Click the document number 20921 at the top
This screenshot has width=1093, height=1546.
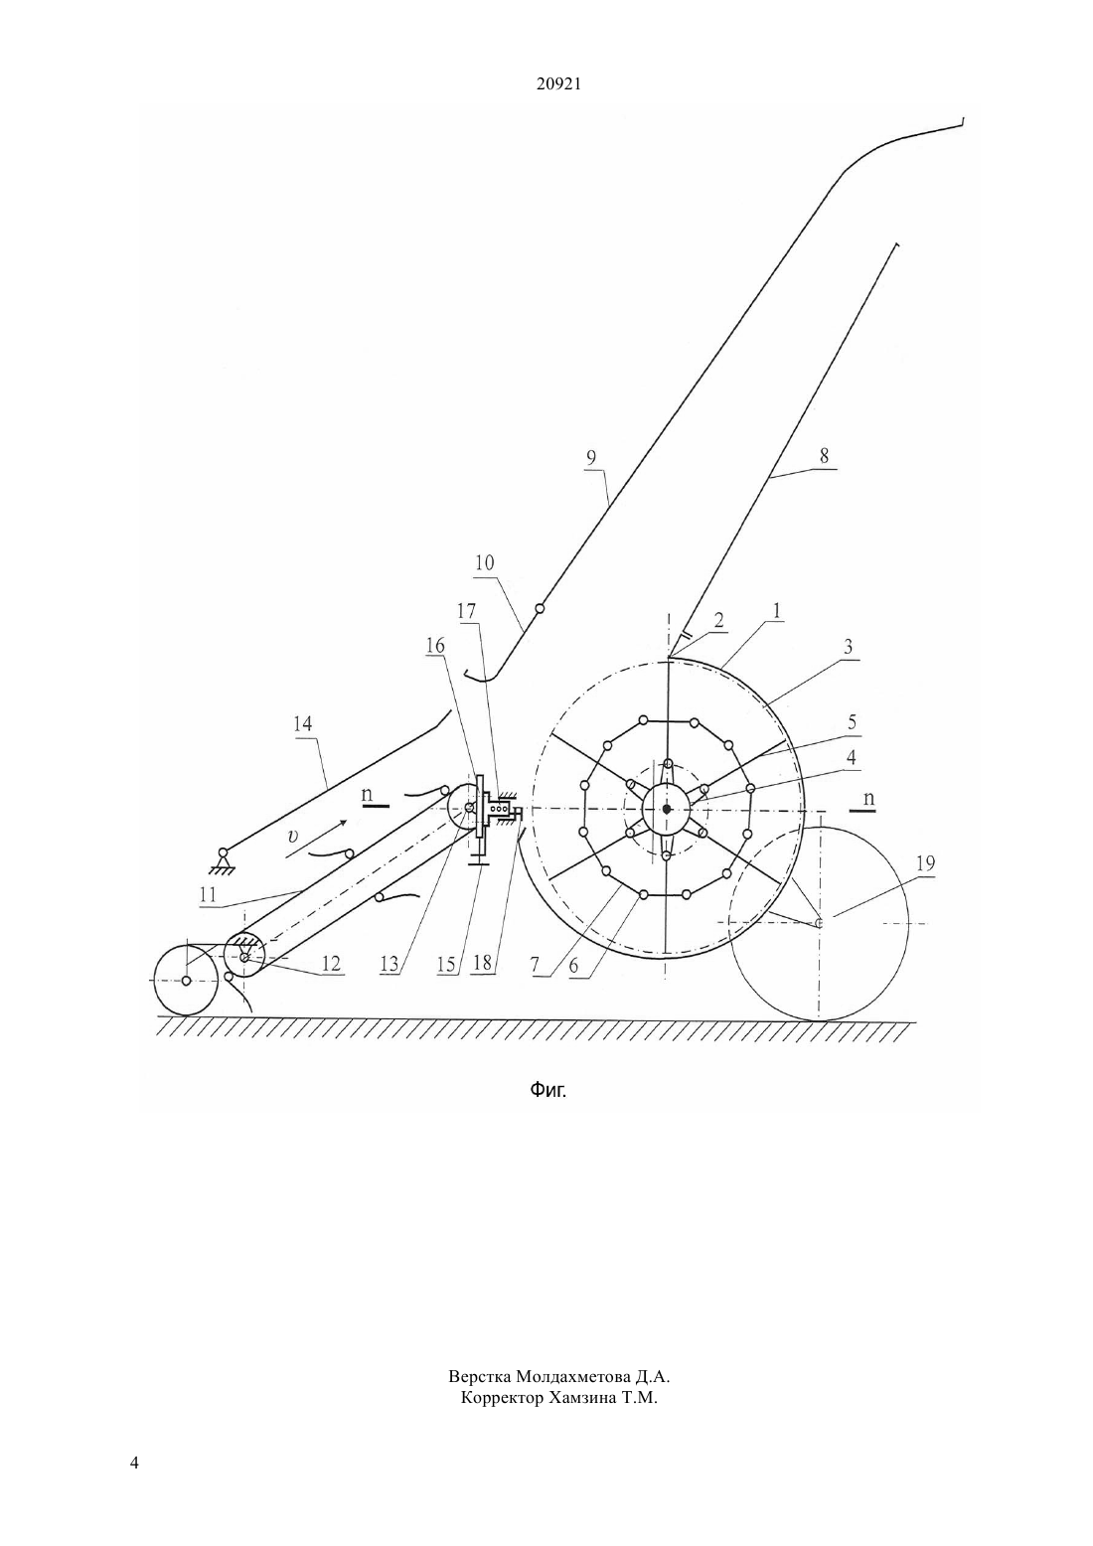coord(558,84)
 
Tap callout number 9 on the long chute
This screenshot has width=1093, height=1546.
coord(590,457)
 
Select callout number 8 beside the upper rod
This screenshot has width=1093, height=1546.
coord(824,456)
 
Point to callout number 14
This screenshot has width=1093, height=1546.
coord(302,724)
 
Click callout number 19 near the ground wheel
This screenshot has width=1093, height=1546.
coord(925,863)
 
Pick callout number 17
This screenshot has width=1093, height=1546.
coord(466,611)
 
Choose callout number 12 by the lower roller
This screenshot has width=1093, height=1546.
coord(331,964)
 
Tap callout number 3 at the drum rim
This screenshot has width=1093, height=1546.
coord(848,647)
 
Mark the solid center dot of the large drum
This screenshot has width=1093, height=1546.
coord(666,809)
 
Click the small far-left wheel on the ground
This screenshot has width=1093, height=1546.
coord(186,980)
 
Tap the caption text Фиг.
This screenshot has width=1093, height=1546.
coord(547,1091)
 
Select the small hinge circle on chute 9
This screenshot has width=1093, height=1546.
coord(540,608)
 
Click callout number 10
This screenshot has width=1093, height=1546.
coord(485,563)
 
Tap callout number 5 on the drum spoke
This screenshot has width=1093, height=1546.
coord(853,722)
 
